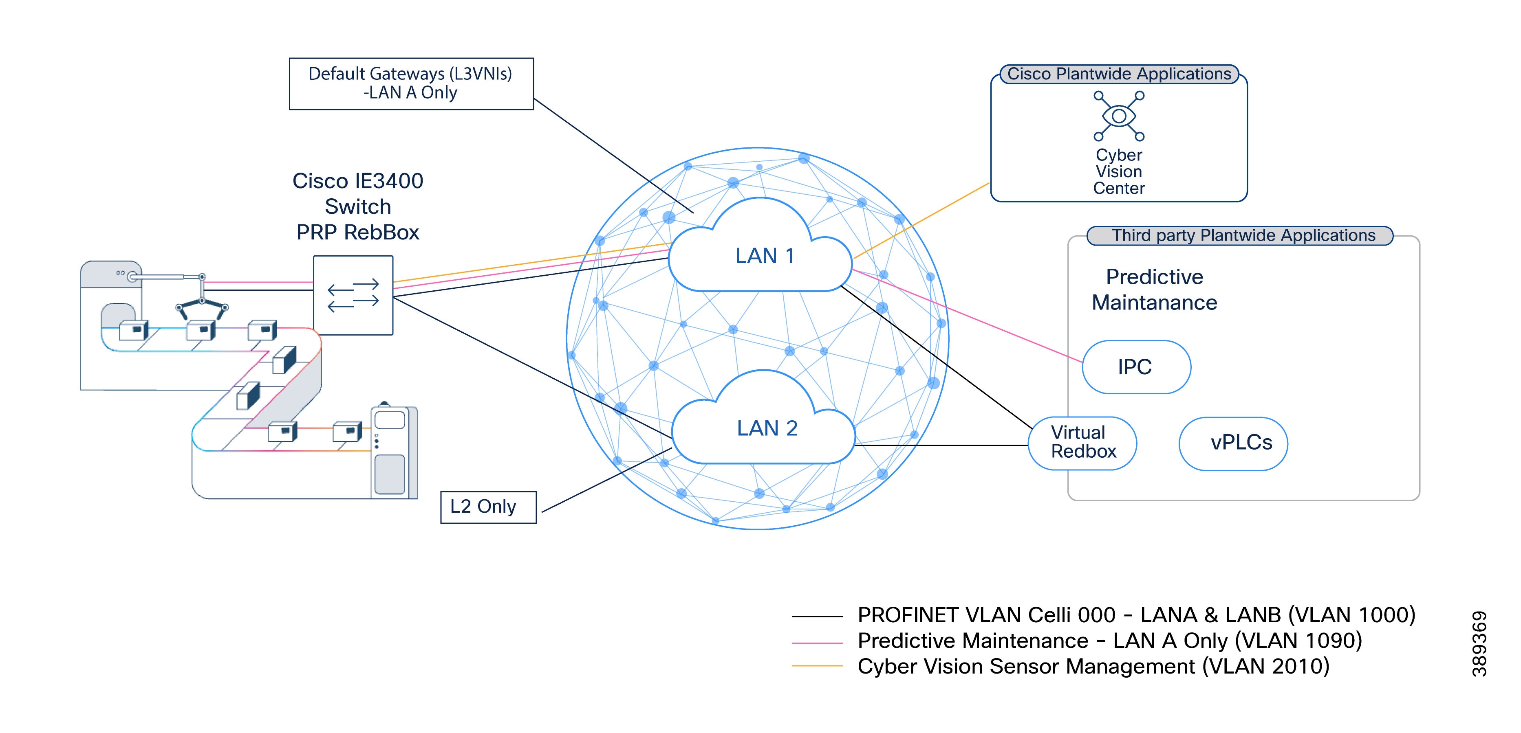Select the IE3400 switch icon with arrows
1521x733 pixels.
coord(353,295)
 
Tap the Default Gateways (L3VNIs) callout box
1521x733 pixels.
coord(411,83)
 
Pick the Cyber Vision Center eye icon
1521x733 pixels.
coord(1118,116)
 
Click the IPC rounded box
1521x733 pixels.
coord(1136,366)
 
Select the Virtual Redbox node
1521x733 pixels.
coord(1082,443)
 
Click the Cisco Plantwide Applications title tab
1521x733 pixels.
coord(1119,74)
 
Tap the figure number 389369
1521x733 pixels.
coord(1479,643)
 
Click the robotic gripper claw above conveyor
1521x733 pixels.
coord(202,303)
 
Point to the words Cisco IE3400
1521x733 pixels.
coord(358,180)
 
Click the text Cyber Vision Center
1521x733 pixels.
coord(1118,172)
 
